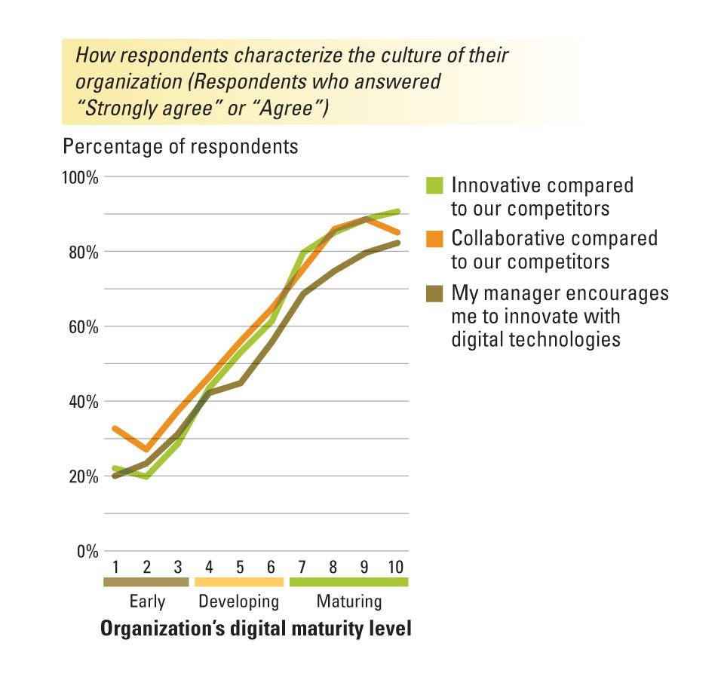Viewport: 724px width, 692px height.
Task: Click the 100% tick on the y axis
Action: coord(80,178)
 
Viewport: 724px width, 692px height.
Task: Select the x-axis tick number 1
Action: coord(116,567)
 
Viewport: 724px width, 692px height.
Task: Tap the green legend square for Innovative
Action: coord(434,185)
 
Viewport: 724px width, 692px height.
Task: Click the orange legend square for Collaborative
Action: coord(434,239)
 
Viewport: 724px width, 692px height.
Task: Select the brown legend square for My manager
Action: coord(434,292)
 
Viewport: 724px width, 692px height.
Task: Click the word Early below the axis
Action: coord(147,602)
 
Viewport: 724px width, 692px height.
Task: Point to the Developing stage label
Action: coord(238,602)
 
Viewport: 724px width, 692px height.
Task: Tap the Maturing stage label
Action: coord(348,602)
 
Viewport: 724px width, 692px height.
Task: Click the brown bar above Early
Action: coord(146,582)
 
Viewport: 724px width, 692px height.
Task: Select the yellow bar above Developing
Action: coord(239,582)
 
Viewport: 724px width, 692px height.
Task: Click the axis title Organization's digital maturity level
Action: coord(256,629)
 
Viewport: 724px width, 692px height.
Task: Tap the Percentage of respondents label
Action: coord(181,146)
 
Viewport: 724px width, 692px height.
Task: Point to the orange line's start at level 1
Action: coord(114,428)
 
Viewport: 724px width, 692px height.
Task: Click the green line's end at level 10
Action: coord(398,212)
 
